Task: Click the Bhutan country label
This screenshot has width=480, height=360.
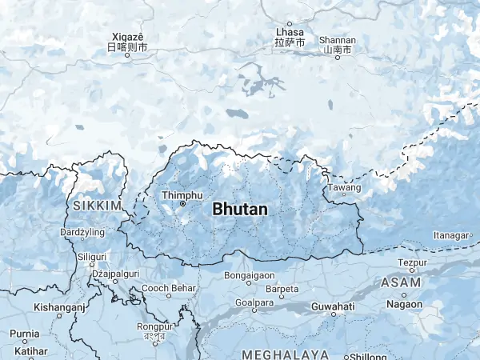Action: [240, 209]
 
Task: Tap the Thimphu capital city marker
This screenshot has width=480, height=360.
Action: [182, 204]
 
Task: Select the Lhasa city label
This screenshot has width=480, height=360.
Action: [290, 31]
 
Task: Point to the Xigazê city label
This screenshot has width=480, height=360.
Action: [127, 37]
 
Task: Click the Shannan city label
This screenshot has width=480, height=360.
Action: [337, 40]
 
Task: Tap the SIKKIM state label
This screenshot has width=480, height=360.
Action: [96, 206]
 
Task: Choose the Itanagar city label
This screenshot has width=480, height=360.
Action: [449, 235]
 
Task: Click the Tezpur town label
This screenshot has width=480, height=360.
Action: [412, 262]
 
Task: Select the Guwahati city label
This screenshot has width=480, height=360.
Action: [332, 306]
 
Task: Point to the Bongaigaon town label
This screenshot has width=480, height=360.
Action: [250, 274]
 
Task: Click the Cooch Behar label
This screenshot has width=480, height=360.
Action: [169, 287]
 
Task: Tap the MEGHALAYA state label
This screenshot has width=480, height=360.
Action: [286, 354]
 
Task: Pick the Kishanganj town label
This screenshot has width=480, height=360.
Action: [58, 306]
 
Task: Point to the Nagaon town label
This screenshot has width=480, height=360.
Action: [405, 304]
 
